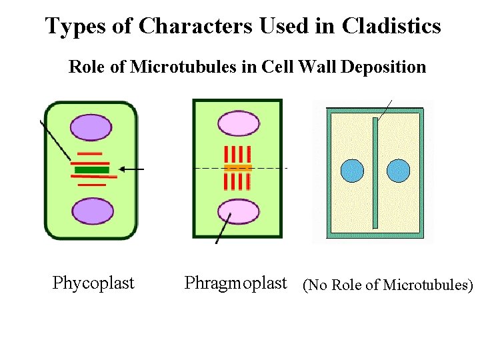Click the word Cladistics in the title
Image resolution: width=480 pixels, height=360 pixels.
pos(391,26)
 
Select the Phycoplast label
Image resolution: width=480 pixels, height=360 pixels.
pos(93,283)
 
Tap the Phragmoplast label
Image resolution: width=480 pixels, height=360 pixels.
pos(235,283)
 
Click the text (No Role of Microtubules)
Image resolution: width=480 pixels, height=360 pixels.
pos(387,285)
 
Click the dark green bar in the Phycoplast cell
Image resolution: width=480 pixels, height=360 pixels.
pos(91,170)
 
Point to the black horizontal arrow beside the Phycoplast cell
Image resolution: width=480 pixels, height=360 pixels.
pos(133,170)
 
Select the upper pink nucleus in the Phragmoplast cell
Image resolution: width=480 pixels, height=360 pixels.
pos(239,124)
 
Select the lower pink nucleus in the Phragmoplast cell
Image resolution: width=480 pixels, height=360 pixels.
pos(239,211)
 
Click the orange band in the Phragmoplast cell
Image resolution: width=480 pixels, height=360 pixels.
pos(237,168)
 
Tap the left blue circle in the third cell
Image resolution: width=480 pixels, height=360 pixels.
pos(353,171)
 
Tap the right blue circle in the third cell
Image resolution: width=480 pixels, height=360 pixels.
pos(398,171)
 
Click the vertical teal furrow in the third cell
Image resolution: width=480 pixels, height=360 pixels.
pos(375,172)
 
